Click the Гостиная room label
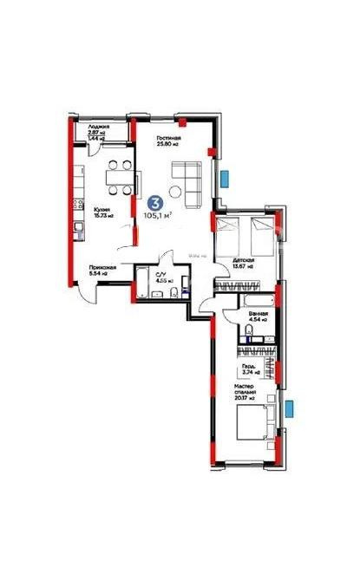coord(167,140)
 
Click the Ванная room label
coord(257,316)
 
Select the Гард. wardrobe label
coord(252,369)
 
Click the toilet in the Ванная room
coord(272,322)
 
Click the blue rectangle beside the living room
coord(224,179)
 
